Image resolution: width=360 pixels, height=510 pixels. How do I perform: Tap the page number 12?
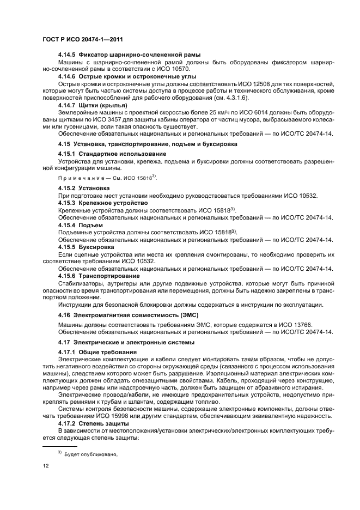point(46,466)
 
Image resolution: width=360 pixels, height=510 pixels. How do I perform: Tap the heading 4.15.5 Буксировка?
point(87,247)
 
